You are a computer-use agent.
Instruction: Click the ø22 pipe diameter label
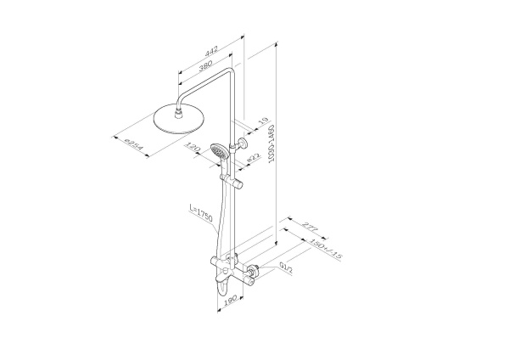[253, 158]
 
